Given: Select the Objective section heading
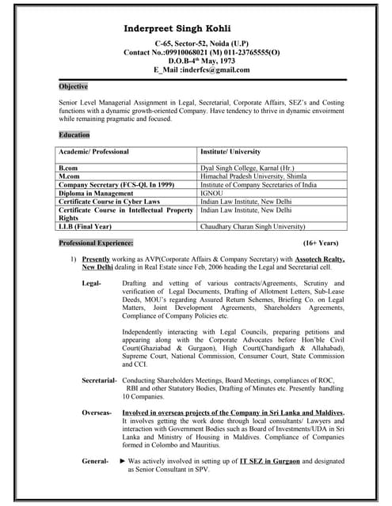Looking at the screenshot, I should pyautogui.click(x=74, y=85).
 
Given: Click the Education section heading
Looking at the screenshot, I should pyautogui.click(x=74, y=135).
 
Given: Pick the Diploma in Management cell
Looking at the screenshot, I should pyautogui.click(x=96, y=193).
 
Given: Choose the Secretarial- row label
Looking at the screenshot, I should pyautogui.click(x=100, y=381).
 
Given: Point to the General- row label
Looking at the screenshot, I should pyautogui.click(x=95, y=460).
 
